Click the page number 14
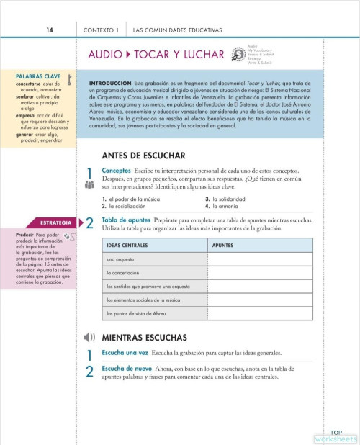pos(49,30)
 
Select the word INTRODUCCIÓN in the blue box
pos(109,84)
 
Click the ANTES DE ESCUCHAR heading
pos(144,155)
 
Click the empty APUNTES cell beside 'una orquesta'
pos(260,259)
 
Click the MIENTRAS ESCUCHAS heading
pos(144,337)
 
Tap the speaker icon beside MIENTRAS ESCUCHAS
pos(89,337)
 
